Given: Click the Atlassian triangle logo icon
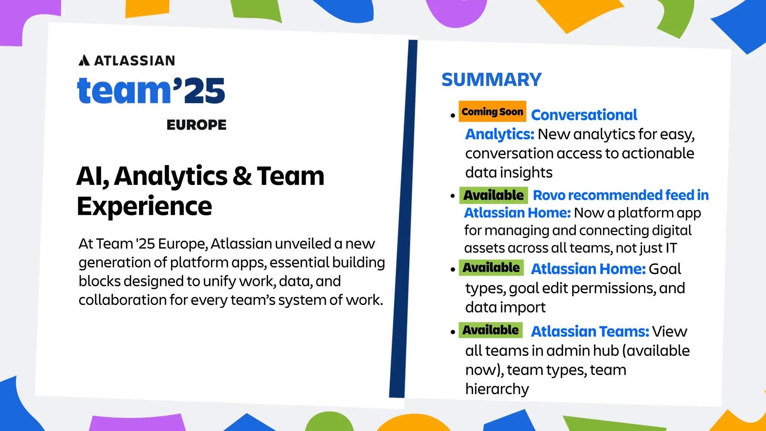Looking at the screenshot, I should pyautogui.click(x=84, y=60).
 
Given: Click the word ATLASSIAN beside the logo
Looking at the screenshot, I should pyautogui.click(x=134, y=61).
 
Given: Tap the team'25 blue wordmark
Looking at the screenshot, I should pyautogui.click(x=151, y=91).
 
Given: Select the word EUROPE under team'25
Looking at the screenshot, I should pyautogui.click(x=196, y=125).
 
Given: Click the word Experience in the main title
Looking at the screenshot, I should pyautogui.click(x=144, y=206).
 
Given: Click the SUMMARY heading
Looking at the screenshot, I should pyautogui.click(x=491, y=80).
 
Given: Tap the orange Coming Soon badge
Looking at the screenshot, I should pyautogui.click(x=492, y=111).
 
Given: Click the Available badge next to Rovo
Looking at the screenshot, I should pyautogui.click(x=493, y=195).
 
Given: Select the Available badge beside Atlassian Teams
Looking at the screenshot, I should pyautogui.click(x=490, y=330).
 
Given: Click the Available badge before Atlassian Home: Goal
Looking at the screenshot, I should pyautogui.click(x=491, y=268).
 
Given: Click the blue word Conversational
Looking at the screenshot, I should pyautogui.click(x=584, y=115).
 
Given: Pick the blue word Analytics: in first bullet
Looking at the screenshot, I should pyautogui.click(x=499, y=134).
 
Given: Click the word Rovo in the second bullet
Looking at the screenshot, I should pyautogui.click(x=549, y=195).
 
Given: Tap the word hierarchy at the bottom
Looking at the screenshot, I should pyautogui.click(x=497, y=389).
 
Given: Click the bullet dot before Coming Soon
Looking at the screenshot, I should pyautogui.click(x=453, y=116).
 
